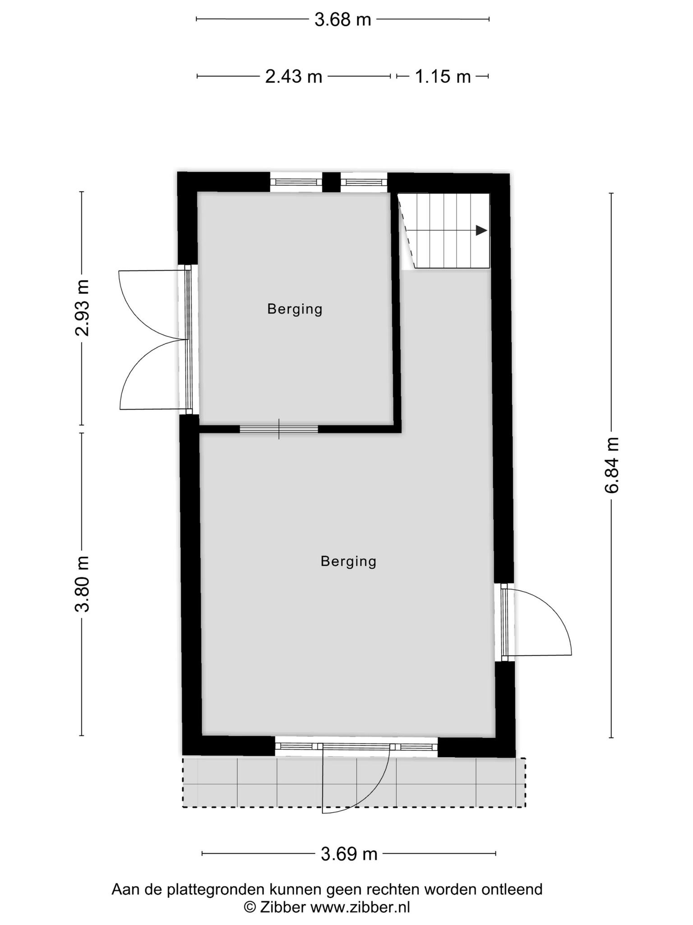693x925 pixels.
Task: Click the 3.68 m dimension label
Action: [342, 19]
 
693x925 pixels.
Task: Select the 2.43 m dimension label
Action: [294, 77]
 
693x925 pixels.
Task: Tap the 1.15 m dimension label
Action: [443, 77]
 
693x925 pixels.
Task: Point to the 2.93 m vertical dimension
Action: [82, 308]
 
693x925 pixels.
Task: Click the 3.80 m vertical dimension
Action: [82, 584]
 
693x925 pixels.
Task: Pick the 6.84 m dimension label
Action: [612, 465]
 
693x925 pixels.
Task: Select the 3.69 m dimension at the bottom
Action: [349, 854]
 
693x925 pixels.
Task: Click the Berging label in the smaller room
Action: [295, 309]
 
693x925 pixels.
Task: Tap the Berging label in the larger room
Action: [348, 561]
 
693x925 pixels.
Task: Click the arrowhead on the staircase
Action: [481, 230]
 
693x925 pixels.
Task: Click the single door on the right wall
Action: [535, 622]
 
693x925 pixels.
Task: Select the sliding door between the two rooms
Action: [279, 429]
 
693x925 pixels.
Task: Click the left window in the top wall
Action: [296, 182]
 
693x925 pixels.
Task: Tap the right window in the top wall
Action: [364, 182]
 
